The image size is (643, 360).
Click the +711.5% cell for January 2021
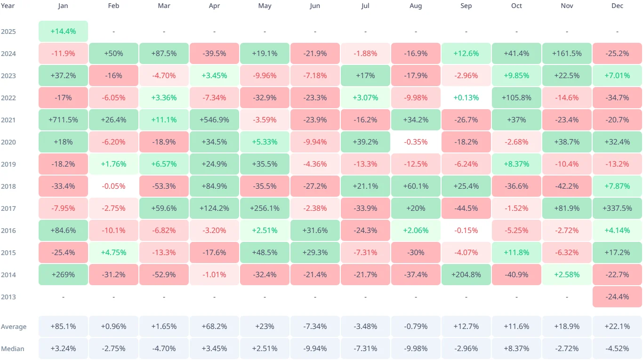[x=63, y=120]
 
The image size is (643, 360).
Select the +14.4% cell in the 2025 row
[x=63, y=32]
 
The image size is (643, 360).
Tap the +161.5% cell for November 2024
[x=567, y=54]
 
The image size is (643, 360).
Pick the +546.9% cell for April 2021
[x=214, y=120]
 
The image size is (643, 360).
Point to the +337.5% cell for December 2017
[x=617, y=208]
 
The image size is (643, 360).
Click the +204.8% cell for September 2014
[x=466, y=274]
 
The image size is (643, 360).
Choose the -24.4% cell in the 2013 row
[x=617, y=296]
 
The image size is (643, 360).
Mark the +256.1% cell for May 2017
[x=265, y=208]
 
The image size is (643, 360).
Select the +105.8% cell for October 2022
[x=516, y=98]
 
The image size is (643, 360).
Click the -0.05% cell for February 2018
[x=113, y=186]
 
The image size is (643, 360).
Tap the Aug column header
[x=416, y=6]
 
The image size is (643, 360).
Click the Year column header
[x=8, y=6]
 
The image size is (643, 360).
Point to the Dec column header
[x=617, y=6]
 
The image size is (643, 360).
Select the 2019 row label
[x=8, y=164]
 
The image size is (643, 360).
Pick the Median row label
[x=12, y=349]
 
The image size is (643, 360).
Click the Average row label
[x=14, y=327]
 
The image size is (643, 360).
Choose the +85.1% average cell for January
[x=63, y=327]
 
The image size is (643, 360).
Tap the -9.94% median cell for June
[x=315, y=349]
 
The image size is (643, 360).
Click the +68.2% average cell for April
[x=214, y=327]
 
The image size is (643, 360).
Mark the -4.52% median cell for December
[x=617, y=349]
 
